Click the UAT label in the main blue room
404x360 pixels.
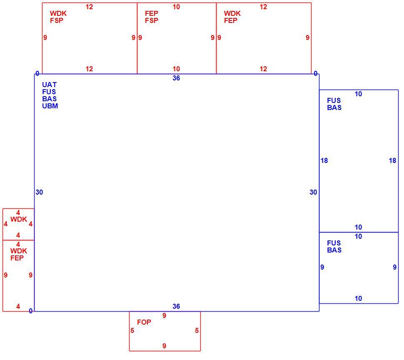click(x=49, y=85)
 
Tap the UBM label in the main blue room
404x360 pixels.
click(x=50, y=106)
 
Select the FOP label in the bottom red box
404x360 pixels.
click(x=144, y=322)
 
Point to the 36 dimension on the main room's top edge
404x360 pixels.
click(x=176, y=78)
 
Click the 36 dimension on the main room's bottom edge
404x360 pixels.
click(x=176, y=306)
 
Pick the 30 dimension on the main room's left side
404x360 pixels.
click(x=39, y=192)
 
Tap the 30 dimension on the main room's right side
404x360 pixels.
click(x=313, y=192)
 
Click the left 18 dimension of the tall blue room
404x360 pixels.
click(x=324, y=160)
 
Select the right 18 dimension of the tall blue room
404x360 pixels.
click(x=392, y=160)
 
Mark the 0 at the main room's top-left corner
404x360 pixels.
click(x=37, y=74)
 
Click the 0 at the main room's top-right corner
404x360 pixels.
click(x=316, y=74)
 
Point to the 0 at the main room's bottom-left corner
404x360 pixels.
click(x=31, y=311)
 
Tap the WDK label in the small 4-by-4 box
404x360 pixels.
click(x=19, y=219)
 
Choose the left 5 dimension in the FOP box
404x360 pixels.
click(x=132, y=330)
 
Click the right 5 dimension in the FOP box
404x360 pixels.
click(x=197, y=330)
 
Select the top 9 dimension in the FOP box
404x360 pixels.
click(x=165, y=316)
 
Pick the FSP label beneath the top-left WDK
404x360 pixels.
click(x=57, y=20)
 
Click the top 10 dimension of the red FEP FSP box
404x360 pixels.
click(x=176, y=7)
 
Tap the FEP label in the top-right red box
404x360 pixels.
click(x=231, y=20)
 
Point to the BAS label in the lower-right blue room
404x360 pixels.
click(x=334, y=250)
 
